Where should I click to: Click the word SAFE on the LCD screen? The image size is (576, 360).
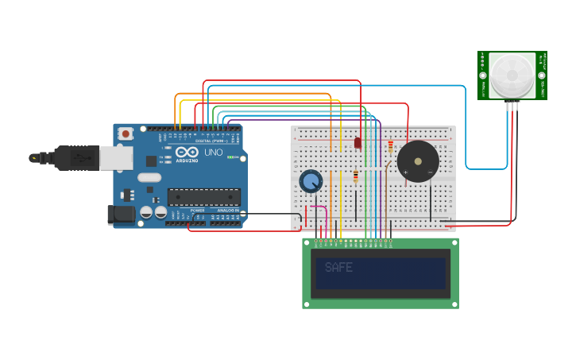tap(338, 268)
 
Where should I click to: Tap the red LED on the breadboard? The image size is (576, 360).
tap(358, 142)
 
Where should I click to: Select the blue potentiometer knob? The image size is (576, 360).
tap(311, 182)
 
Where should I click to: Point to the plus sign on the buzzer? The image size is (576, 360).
tap(405, 172)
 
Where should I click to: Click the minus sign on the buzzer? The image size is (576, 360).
tap(430, 172)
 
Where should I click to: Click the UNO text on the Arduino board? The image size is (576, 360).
tap(214, 153)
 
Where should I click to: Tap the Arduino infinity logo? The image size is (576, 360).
tap(187, 153)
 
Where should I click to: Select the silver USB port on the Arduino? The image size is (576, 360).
tap(115, 157)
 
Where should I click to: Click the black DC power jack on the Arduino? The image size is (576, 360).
tap(120, 214)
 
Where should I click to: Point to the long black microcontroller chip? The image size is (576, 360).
tap(203, 196)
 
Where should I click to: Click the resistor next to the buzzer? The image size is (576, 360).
tap(390, 146)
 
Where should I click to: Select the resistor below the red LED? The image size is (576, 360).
tap(356, 176)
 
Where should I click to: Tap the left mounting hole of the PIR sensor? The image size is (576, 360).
tap(483, 76)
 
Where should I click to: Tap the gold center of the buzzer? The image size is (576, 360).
tap(418, 161)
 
